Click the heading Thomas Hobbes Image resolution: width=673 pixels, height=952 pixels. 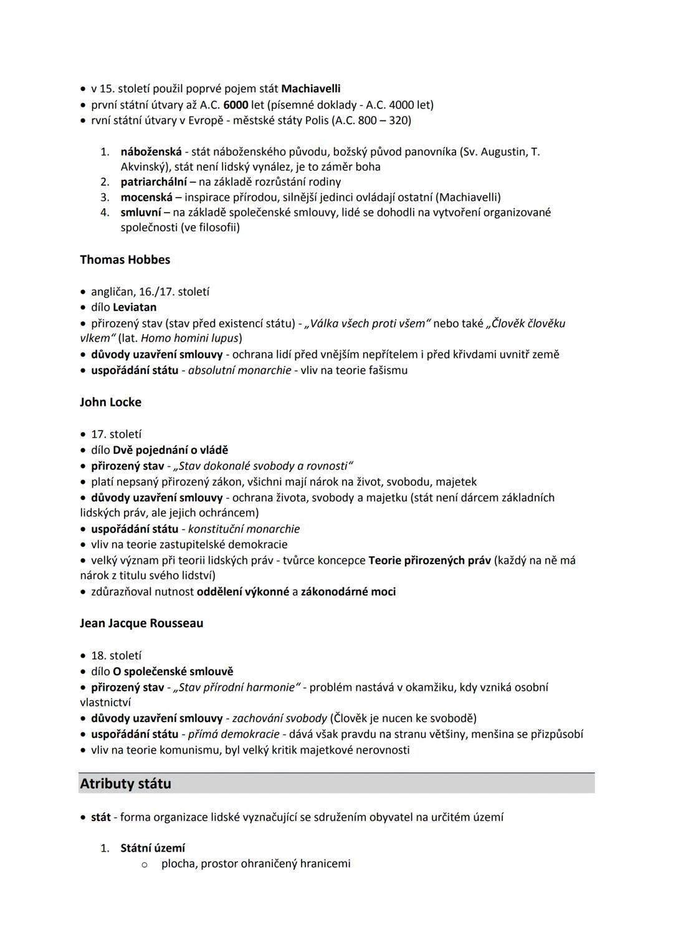(x=125, y=260)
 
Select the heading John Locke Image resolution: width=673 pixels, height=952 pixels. (x=110, y=402)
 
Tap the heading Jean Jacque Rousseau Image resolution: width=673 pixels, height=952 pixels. (x=141, y=623)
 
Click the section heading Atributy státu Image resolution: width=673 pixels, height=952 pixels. (x=125, y=784)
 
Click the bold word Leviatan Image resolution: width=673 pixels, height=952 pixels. (x=135, y=307)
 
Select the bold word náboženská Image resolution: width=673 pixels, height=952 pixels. (x=151, y=151)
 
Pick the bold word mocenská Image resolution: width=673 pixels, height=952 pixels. (x=146, y=197)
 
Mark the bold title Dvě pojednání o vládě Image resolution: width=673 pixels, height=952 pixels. (x=170, y=450)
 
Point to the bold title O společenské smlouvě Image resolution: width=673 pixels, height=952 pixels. (x=173, y=671)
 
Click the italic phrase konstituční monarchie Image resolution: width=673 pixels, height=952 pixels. (x=244, y=529)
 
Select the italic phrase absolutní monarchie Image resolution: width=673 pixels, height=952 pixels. (x=239, y=370)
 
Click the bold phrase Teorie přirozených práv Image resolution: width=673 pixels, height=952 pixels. (x=429, y=560)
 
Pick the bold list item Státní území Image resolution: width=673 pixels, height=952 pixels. (x=153, y=848)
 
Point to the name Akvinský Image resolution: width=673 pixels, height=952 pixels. (x=145, y=167)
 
